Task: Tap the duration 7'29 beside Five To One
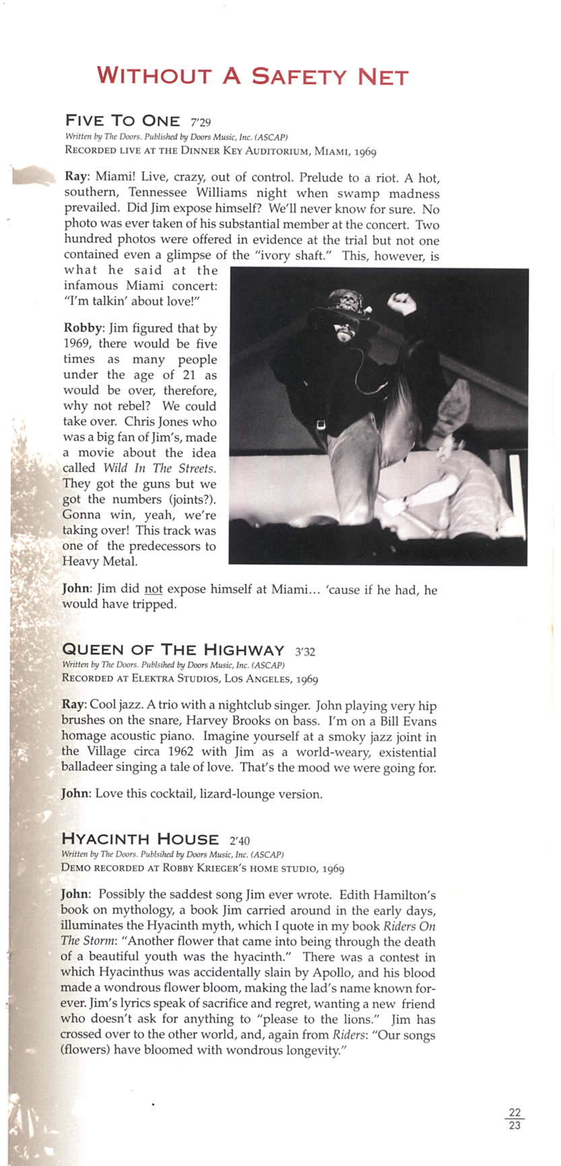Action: (201, 122)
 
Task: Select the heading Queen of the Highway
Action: (173, 650)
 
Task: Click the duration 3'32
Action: (305, 651)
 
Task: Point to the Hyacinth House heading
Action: (140, 839)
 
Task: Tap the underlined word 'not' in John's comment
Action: (154, 589)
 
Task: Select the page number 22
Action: (515, 1112)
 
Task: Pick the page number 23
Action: (515, 1124)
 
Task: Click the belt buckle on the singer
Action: (321, 424)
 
